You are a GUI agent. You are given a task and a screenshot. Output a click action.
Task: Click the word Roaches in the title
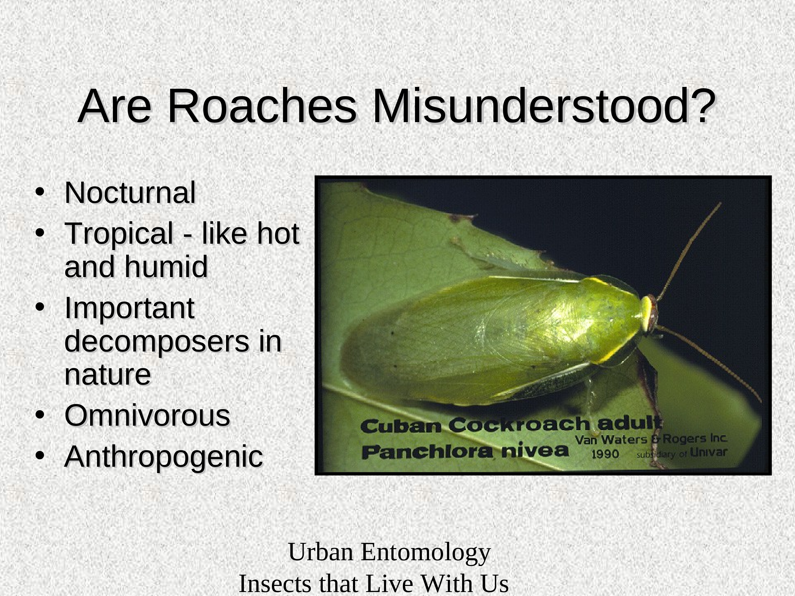[x=262, y=107]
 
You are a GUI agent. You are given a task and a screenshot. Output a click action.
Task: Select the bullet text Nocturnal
[x=130, y=193]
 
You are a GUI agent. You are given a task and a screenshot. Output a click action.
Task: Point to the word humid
[x=166, y=266]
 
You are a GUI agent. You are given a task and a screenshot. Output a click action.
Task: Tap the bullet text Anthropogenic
[x=164, y=457]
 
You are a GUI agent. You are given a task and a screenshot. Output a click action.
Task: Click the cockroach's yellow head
[x=648, y=314]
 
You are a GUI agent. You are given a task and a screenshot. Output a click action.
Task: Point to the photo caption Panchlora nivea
[x=465, y=451]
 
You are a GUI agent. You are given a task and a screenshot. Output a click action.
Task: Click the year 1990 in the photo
[x=605, y=454]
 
